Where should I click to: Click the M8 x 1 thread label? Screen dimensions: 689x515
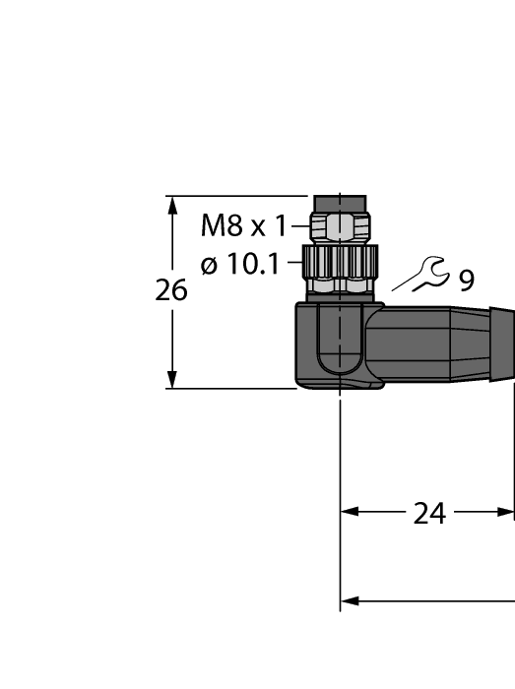[243, 226]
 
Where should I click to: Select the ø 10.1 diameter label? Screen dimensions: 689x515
[239, 264]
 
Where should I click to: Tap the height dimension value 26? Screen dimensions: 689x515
[171, 291]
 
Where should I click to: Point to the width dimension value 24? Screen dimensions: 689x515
[429, 513]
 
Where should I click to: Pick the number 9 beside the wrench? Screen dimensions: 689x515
[466, 281]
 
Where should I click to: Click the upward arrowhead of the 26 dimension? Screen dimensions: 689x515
[173, 205]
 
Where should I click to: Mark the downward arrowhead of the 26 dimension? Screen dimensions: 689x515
[173, 379]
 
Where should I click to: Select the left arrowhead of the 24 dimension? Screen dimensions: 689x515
[349, 512]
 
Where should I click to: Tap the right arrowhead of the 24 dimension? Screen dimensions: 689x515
[507, 512]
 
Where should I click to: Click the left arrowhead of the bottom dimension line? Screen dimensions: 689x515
[349, 600]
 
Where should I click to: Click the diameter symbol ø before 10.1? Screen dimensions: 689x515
[208, 265]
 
